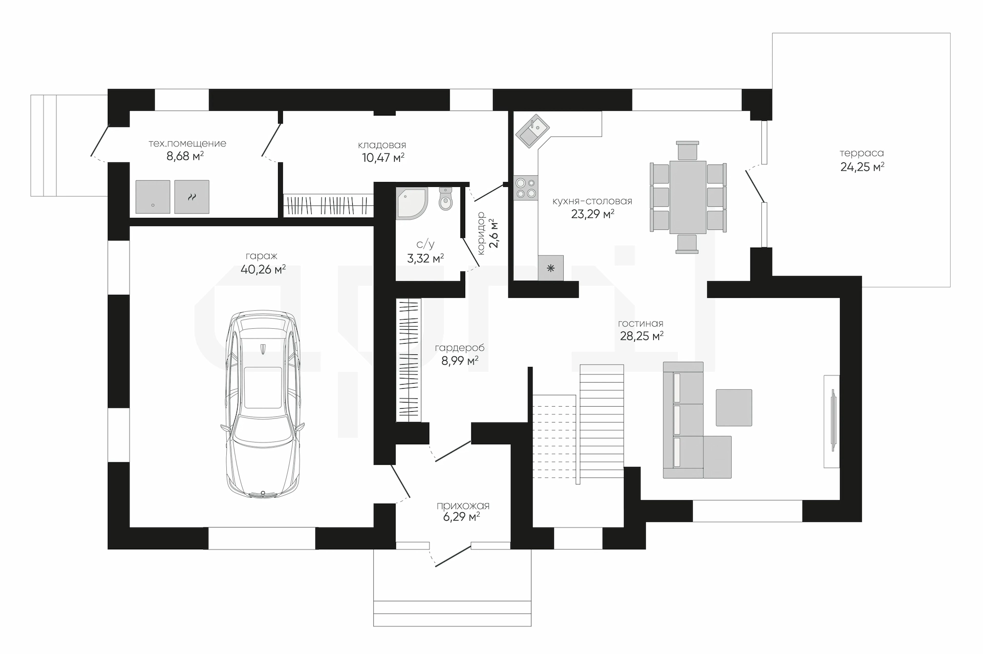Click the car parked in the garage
263,404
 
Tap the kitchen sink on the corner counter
532,130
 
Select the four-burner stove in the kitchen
526,187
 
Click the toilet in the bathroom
446,198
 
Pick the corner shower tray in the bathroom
412,203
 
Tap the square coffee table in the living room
734,408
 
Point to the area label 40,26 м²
263,269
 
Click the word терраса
862,153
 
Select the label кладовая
382,145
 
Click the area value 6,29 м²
461,517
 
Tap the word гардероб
460,348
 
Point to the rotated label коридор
481,234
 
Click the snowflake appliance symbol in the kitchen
551,268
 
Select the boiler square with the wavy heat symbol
191,197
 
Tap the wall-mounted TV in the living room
832,420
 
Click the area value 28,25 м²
642,336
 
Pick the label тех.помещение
187,144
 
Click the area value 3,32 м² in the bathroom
425,259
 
